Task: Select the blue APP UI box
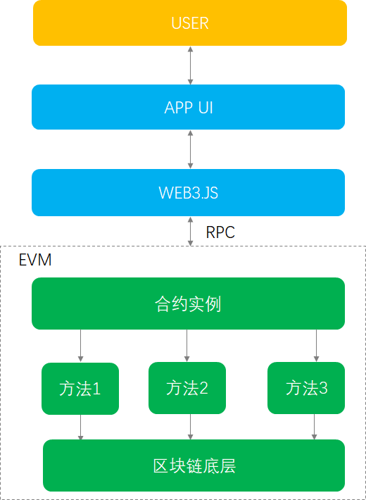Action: pyautogui.click(x=188, y=107)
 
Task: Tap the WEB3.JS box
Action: pyautogui.click(x=188, y=192)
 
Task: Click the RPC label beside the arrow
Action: pyautogui.click(x=220, y=232)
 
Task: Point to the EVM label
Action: pyautogui.click(x=34, y=261)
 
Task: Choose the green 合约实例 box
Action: pyautogui.click(x=188, y=304)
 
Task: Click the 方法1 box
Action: pyautogui.click(x=80, y=388)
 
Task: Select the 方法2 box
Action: pyautogui.click(x=187, y=388)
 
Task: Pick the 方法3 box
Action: pyautogui.click(x=306, y=388)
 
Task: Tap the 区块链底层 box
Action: pyautogui.click(x=194, y=465)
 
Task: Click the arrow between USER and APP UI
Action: pyautogui.click(x=190, y=65)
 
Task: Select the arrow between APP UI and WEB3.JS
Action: pyautogui.click(x=190, y=149)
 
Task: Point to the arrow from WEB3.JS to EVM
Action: pyautogui.click(x=190, y=231)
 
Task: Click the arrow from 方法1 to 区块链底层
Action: pyautogui.click(x=81, y=427)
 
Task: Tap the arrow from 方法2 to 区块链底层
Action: pyautogui.click(x=190, y=427)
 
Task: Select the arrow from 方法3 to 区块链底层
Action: pyautogui.click(x=313, y=427)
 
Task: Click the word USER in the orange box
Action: pyautogui.click(x=190, y=23)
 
